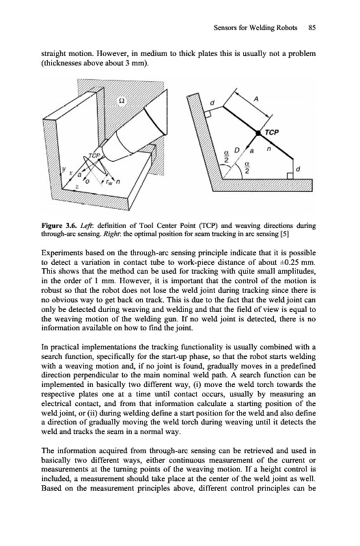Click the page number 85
[x=312, y=28]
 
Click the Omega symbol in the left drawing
[x=122, y=100]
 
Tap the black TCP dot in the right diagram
[x=258, y=133]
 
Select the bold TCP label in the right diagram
[x=272, y=132]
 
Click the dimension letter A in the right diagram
[x=255, y=99]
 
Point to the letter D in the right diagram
[x=237, y=150]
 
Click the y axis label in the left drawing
[x=64, y=169]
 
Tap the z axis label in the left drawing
[x=77, y=187]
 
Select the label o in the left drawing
[x=87, y=182]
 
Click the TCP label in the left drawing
[x=94, y=156]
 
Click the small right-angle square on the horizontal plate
[x=290, y=175]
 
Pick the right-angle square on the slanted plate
[x=207, y=114]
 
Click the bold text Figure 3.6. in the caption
[x=55, y=225]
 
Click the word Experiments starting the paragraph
[x=57, y=253]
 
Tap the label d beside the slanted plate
[x=212, y=103]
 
